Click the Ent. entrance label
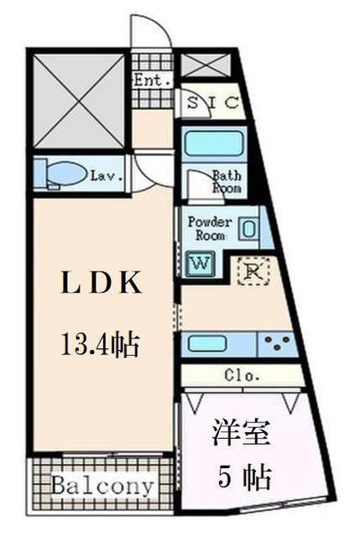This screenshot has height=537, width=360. [x=153, y=81]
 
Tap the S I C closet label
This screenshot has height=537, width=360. [x=213, y=103]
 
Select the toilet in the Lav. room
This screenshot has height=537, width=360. [x=67, y=175]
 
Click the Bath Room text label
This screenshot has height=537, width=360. [x=226, y=182]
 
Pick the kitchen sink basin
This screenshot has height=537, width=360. [x=206, y=343]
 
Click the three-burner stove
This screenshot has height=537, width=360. [x=277, y=343]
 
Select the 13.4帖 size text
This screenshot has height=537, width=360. [x=99, y=342]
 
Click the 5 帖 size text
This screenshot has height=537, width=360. [x=244, y=478]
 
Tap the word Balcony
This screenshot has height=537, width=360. [x=102, y=486]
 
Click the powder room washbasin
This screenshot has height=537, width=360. [x=248, y=228]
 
